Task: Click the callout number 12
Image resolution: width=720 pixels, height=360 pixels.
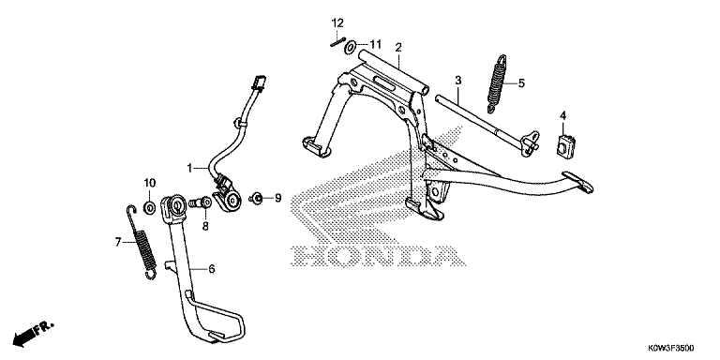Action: coord(337,22)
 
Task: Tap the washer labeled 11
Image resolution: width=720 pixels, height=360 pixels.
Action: coord(351,46)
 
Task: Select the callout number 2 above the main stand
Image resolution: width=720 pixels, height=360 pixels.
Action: coord(398,47)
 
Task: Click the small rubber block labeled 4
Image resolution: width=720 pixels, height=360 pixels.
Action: coord(565,146)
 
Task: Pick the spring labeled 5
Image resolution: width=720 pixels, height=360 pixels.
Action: coord(495,83)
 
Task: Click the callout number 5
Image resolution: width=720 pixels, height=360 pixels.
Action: coord(521,83)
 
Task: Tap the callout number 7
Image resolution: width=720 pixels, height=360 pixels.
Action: coord(118,242)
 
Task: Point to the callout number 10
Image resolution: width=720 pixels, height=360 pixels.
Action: coord(150,183)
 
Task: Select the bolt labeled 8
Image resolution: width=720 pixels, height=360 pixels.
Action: coord(200,202)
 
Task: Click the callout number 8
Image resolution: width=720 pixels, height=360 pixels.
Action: coord(205,226)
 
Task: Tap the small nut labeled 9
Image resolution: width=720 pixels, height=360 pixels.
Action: coord(256,199)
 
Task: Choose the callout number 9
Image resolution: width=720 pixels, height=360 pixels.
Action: coord(277,199)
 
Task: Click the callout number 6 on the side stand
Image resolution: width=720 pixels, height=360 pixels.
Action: coord(211,269)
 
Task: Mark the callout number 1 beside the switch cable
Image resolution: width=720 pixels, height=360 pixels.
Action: coord(188,169)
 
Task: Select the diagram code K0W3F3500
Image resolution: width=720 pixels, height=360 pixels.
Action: coord(671,348)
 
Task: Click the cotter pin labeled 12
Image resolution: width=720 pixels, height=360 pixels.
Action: coord(337,41)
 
